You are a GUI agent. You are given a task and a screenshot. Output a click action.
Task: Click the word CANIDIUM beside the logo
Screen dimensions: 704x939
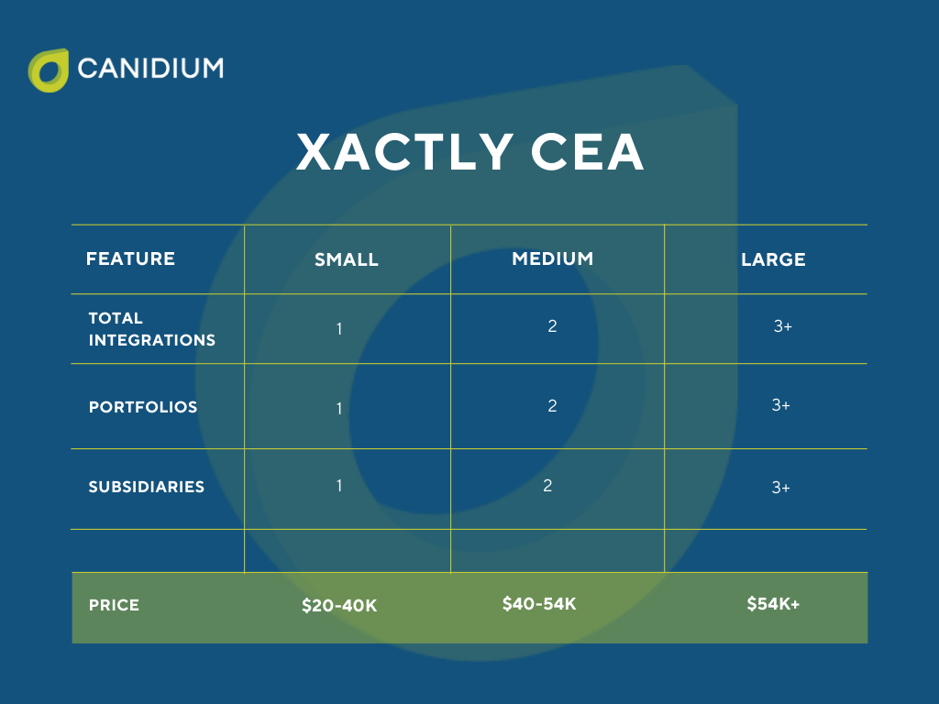click(150, 68)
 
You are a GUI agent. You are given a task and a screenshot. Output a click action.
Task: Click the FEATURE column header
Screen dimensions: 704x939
click(130, 258)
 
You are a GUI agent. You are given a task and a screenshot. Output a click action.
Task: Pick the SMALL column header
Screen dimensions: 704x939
click(347, 259)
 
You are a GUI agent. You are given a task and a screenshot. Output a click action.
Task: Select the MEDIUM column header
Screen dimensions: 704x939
click(552, 258)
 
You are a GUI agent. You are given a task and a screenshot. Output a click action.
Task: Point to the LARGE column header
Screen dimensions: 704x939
click(773, 259)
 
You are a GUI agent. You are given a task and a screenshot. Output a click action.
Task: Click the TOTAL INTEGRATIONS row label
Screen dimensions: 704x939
click(151, 329)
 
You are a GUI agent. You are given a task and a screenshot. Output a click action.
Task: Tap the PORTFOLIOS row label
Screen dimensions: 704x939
click(143, 407)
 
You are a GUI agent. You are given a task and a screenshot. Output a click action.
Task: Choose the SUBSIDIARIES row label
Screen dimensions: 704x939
click(146, 487)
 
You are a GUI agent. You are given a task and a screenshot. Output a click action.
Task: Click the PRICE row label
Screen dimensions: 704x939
click(114, 606)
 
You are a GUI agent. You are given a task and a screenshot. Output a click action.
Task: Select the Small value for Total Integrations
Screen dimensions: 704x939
click(339, 328)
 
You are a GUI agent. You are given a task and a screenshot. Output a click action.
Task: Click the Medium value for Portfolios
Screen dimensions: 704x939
click(552, 406)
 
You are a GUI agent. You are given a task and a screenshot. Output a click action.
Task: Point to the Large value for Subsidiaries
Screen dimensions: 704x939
click(780, 488)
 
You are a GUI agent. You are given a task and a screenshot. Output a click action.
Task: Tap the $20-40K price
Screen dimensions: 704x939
click(339, 606)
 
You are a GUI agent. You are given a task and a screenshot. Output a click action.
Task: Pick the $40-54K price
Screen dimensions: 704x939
click(539, 604)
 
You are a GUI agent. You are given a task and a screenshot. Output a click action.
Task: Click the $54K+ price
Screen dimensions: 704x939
click(773, 604)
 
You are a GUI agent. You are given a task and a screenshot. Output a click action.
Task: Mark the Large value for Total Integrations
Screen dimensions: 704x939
click(782, 326)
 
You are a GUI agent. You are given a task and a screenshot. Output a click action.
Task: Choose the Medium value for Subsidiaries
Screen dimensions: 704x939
click(547, 486)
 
